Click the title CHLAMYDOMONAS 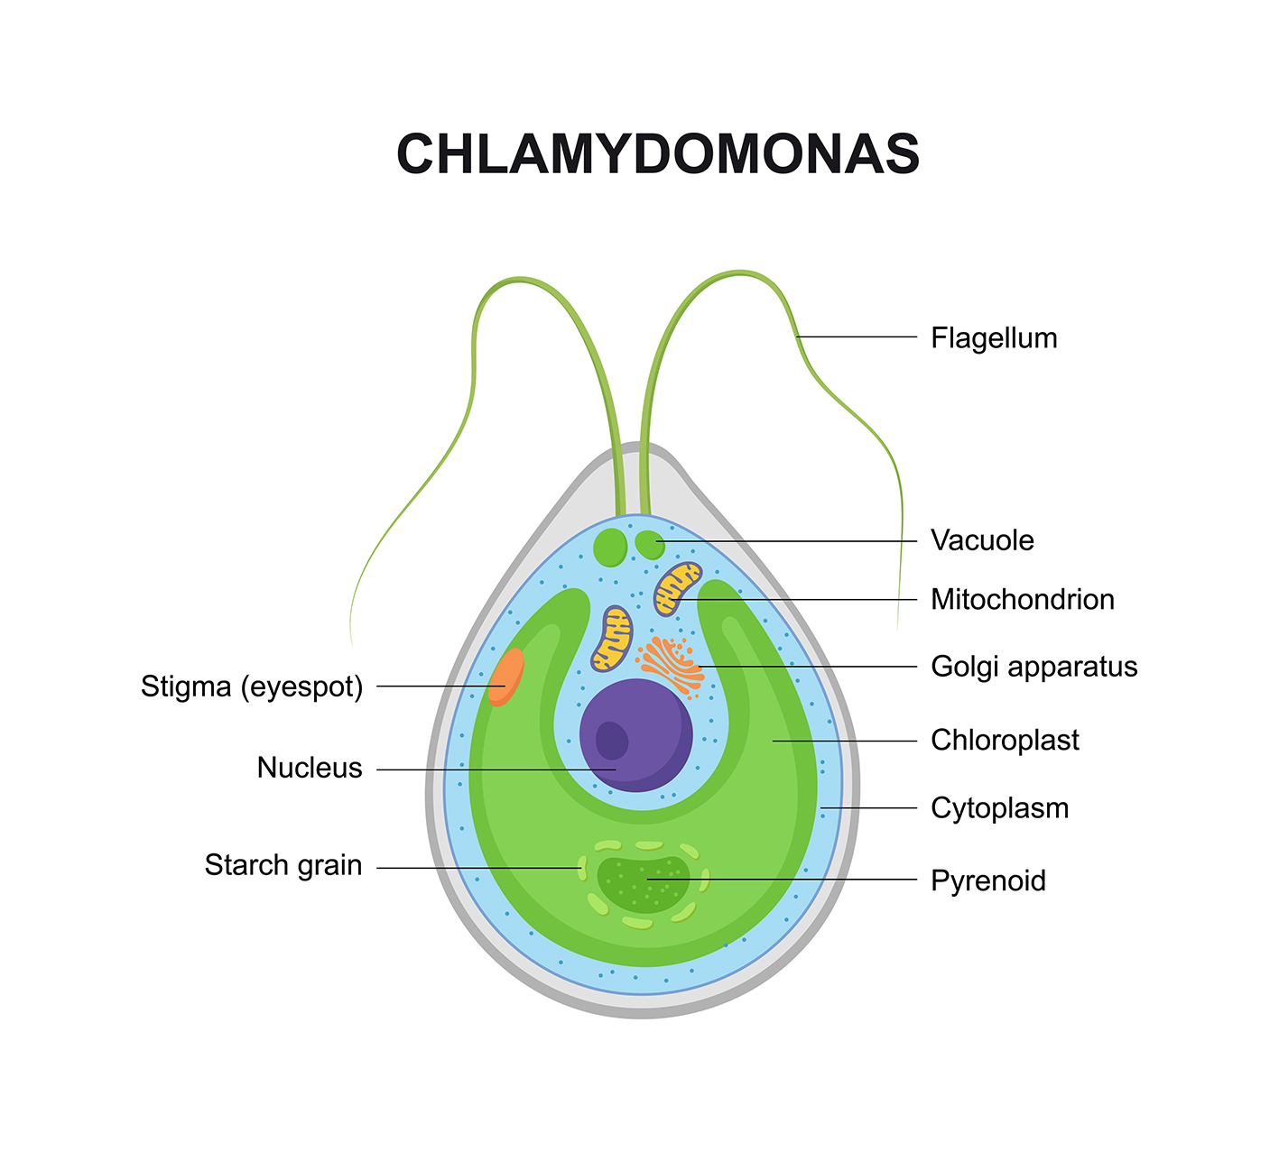pos(658,154)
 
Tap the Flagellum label pos(994,338)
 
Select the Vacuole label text pos(982,540)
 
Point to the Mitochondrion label pos(1023,599)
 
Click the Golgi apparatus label pos(1033,667)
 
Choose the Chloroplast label pos(1005,740)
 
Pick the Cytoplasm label pos(999,807)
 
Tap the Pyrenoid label pos(988,880)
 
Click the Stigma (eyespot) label pos(252,687)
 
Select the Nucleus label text pos(310,768)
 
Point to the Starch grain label pos(283,865)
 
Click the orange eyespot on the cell pos(506,677)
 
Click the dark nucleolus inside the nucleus pos(612,741)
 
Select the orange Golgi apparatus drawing pos(671,665)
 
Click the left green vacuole pos(611,547)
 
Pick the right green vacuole pos(649,544)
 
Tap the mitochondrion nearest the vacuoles pos(677,588)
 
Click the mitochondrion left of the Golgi pos(612,639)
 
